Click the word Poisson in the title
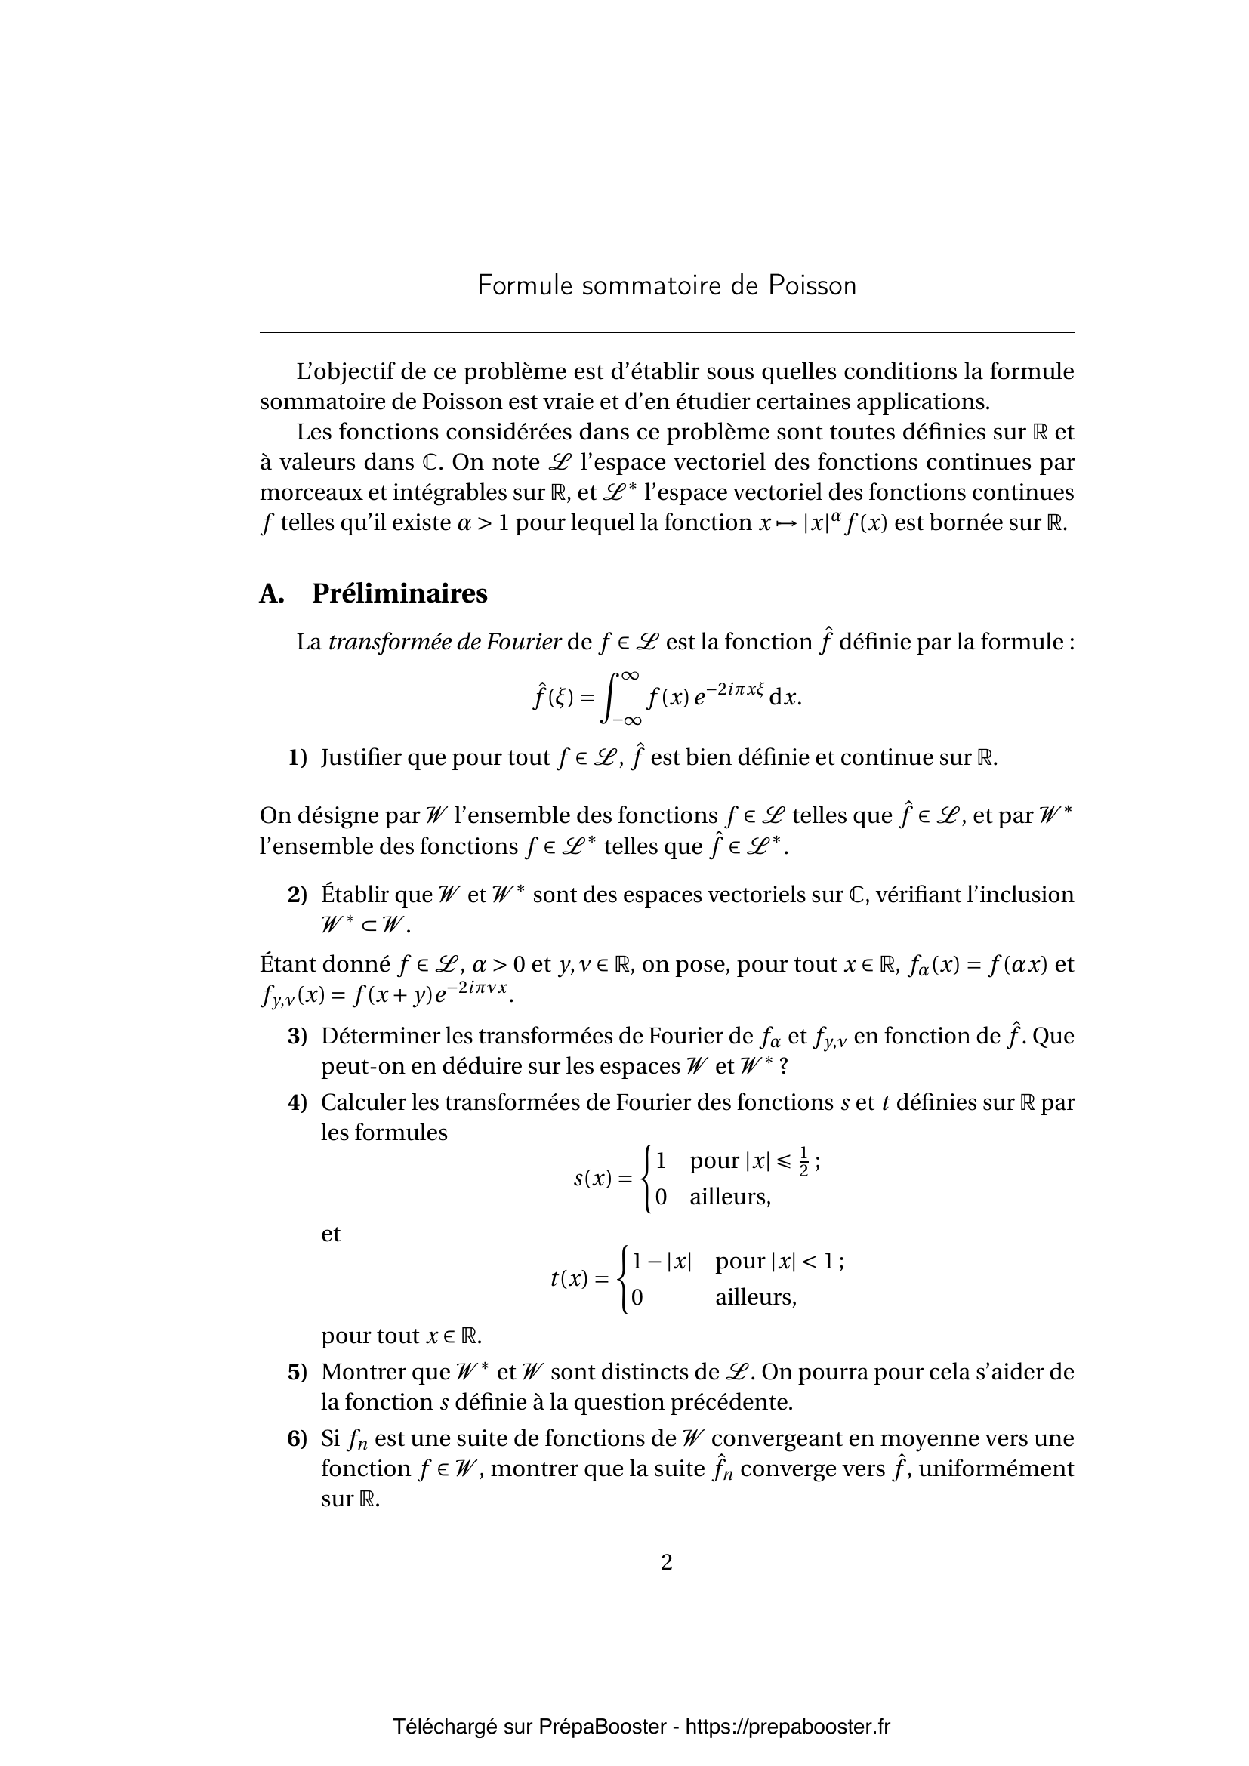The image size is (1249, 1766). [x=811, y=285]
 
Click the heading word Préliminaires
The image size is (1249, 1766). [x=399, y=593]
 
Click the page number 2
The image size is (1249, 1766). [x=666, y=1561]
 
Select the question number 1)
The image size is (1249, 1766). [x=298, y=757]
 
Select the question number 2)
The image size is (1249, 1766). [x=298, y=895]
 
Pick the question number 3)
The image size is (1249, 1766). [x=298, y=1036]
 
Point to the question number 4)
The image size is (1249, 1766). [x=298, y=1102]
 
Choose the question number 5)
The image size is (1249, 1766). [x=298, y=1371]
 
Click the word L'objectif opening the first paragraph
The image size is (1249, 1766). [x=344, y=372]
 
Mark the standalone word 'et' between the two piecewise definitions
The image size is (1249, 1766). [x=331, y=1234]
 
